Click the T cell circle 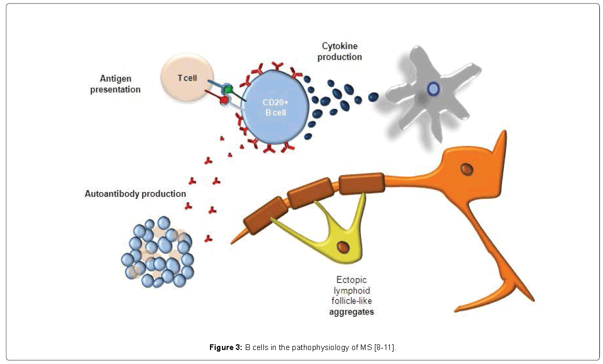click(x=187, y=78)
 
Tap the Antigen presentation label click(x=120, y=84)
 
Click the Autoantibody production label click(x=135, y=194)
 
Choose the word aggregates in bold click(x=352, y=312)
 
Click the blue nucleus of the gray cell click(x=433, y=90)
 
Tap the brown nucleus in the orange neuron click(x=468, y=169)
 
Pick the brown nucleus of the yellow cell click(x=342, y=247)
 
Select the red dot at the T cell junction click(x=225, y=99)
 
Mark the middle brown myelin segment click(x=311, y=193)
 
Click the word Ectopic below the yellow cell click(x=352, y=280)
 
